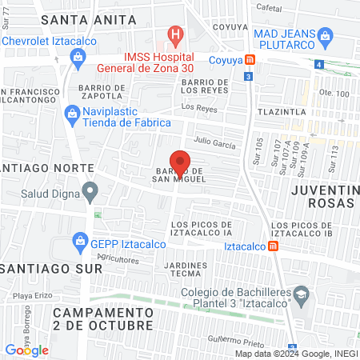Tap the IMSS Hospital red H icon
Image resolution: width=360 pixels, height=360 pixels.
(x=175, y=35)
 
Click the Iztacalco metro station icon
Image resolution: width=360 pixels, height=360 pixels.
(x=273, y=246)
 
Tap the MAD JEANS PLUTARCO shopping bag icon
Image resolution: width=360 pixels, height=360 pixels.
(x=325, y=35)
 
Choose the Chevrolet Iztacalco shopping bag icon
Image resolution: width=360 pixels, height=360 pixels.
(x=78, y=56)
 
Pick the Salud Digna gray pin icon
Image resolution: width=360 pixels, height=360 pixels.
(x=90, y=192)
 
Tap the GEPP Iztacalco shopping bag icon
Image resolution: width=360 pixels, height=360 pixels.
(x=79, y=240)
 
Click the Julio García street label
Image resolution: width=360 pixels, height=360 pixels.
(x=215, y=145)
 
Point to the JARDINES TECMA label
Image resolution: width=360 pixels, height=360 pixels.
(x=185, y=270)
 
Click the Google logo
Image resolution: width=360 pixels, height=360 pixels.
(x=26, y=350)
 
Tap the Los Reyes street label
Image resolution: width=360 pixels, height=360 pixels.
(x=199, y=106)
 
